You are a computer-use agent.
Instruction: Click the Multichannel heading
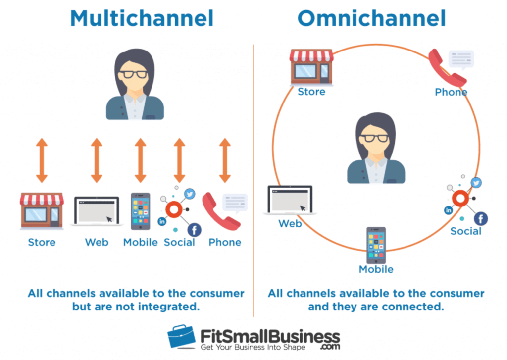coord(142,18)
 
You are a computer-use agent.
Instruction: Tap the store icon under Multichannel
coord(42,211)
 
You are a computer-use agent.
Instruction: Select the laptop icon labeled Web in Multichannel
coord(97,211)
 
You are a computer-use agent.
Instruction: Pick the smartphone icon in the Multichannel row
coord(140,211)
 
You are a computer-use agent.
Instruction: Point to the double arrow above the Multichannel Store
coord(42,160)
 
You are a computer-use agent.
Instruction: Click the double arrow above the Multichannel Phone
coord(225,160)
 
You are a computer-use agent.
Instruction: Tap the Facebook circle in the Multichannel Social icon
coord(194,229)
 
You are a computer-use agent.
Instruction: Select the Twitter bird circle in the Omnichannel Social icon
coord(476,183)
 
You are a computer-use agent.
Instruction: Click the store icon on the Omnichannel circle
coord(311,66)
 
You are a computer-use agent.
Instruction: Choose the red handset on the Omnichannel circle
coord(447,67)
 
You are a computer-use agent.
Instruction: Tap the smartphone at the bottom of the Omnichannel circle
coord(376,245)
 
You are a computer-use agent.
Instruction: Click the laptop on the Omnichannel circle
coord(290,200)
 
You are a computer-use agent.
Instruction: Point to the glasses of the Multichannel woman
coord(134,75)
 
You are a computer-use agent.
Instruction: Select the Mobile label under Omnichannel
coord(376,269)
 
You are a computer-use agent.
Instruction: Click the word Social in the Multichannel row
coord(179,242)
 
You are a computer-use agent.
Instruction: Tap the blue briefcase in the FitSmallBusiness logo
coord(181,337)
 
